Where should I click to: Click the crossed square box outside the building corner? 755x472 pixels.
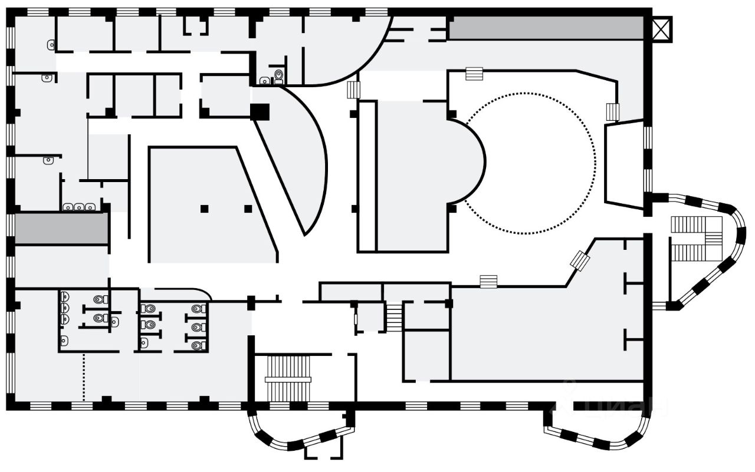click(662, 28)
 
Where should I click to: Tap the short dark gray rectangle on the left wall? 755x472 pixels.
click(61, 228)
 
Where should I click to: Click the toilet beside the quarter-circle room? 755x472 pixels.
click(279, 75)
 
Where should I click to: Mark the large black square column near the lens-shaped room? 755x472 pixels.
click(260, 111)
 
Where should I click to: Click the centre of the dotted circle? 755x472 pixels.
click(529, 163)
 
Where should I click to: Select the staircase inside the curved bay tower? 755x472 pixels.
click(697, 238)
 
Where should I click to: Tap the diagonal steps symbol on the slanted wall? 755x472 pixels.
click(580, 260)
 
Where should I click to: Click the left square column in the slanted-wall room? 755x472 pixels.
click(204, 209)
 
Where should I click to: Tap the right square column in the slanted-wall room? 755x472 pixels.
click(248, 209)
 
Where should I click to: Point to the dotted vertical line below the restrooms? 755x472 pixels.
click(84, 375)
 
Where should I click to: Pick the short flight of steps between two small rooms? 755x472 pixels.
click(394, 316)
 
